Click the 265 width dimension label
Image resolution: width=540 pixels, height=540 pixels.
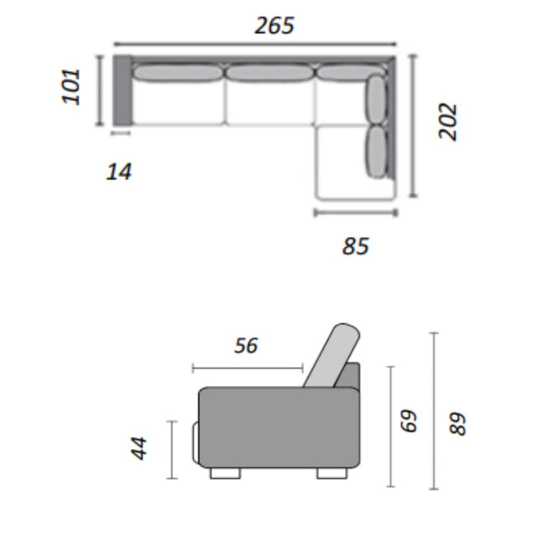pos(275,25)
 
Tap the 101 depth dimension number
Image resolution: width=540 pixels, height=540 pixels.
pos(71,86)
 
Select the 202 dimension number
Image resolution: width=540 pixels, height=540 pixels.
pos(448,121)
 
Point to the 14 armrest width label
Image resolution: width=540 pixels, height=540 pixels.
pos(119,172)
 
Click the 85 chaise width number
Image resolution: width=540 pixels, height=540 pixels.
pos(356,246)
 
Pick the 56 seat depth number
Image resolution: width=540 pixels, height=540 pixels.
pos(246,346)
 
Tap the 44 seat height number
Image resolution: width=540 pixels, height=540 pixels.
pos(139,449)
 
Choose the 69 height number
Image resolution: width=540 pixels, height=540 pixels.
pos(409,420)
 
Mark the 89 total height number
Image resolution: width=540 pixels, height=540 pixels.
pos(458,424)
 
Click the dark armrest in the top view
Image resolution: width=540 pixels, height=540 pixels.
pos(122,90)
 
